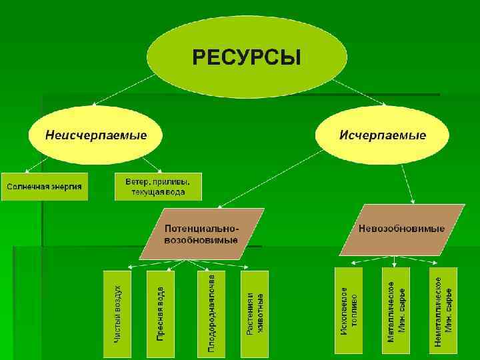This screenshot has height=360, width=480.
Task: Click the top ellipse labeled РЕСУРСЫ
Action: [247, 57]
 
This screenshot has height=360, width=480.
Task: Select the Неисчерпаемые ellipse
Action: [96, 135]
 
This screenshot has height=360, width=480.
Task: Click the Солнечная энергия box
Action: [45, 186]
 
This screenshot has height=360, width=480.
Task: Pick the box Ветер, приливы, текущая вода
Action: [158, 186]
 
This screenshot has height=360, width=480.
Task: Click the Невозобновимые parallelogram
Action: [401, 229]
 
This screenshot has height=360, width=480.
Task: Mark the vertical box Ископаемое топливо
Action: [349, 311]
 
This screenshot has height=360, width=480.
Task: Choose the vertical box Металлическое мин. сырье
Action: [397, 311]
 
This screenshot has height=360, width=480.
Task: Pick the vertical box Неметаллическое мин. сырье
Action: [443, 311]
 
